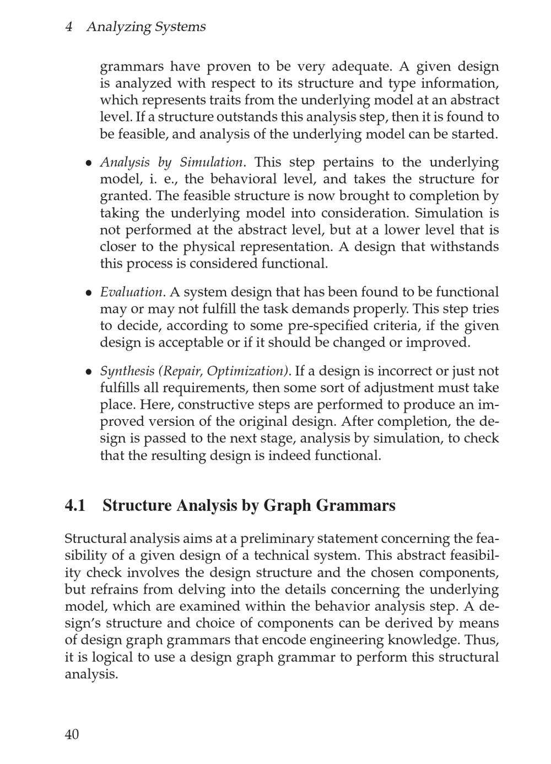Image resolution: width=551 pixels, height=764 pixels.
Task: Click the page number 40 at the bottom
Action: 72,734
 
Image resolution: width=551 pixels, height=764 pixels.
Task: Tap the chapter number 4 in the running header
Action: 69,26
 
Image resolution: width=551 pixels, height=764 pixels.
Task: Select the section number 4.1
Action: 75,505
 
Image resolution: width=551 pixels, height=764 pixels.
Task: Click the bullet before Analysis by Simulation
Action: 88,163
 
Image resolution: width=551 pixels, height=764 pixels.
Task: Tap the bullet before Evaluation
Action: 88,293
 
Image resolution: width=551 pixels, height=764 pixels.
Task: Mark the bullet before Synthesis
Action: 88,372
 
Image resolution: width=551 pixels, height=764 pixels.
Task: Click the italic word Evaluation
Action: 131,292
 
